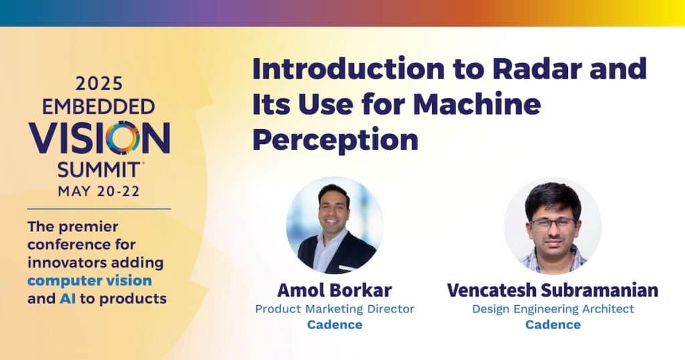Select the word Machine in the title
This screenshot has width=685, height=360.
click(x=476, y=104)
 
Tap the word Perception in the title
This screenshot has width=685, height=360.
click(x=336, y=141)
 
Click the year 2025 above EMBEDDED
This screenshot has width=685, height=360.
click(x=99, y=84)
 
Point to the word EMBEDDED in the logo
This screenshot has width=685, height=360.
click(x=99, y=106)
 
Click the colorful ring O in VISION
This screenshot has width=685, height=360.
click(x=122, y=138)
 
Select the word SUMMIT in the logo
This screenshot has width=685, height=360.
click(x=99, y=170)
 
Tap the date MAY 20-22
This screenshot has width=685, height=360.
click(x=99, y=191)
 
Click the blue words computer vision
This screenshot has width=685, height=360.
click(x=90, y=280)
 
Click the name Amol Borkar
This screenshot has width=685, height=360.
click(x=334, y=290)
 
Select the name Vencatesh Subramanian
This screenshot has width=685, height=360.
click(x=553, y=290)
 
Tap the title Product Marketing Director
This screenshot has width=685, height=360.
click(x=334, y=309)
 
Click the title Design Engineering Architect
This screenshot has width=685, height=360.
click(x=553, y=309)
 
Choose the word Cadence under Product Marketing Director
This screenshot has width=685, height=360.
click(x=334, y=325)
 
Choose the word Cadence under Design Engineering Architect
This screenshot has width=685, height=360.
click(x=553, y=325)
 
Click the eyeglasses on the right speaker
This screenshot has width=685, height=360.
click(x=552, y=223)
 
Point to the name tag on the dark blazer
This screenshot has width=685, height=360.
click(x=347, y=268)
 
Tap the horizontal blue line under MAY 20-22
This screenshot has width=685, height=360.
click(x=99, y=209)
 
